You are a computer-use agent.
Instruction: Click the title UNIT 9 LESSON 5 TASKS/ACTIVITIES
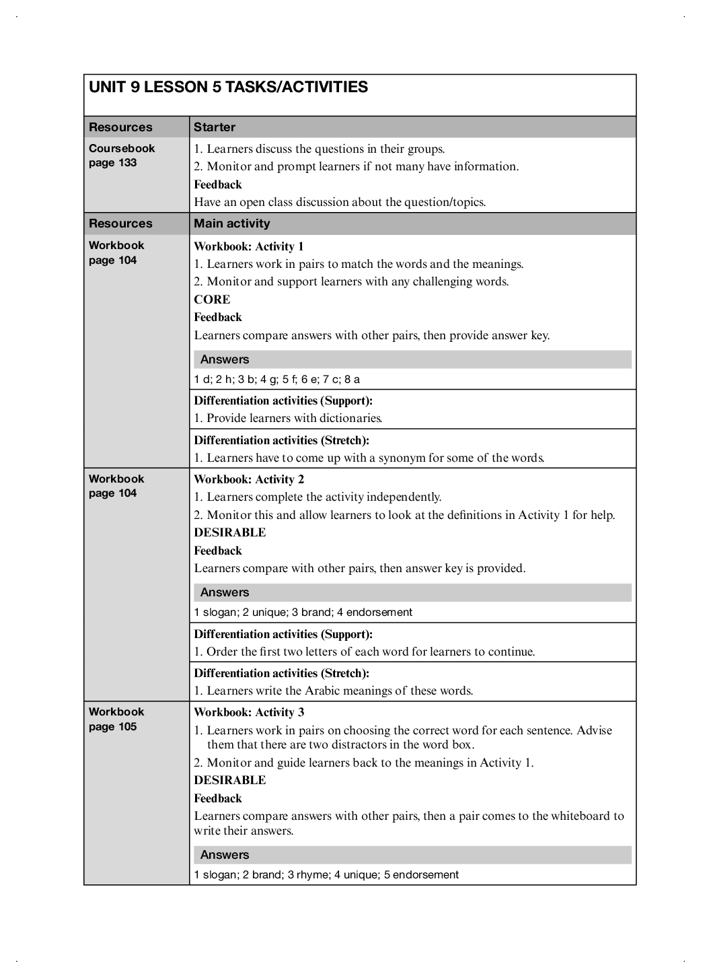(228, 87)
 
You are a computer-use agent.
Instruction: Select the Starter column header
(215, 127)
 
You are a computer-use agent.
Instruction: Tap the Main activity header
(231, 223)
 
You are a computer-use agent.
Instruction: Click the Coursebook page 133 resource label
(122, 155)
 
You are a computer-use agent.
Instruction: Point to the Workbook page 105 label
(116, 719)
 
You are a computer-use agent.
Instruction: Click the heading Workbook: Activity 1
(249, 246)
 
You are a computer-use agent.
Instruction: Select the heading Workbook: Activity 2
(249, 479)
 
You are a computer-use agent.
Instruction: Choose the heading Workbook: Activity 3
(249, 712)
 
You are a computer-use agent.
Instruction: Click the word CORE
(212, 300)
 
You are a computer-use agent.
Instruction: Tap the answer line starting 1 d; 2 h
(277, 379)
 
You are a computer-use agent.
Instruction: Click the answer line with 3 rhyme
(326, 874)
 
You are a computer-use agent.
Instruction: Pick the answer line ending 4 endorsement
(303, 612)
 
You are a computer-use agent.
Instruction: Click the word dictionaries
(350, 418)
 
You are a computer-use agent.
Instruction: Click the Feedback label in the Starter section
(218, 184)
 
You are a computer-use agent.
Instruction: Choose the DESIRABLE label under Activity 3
(230, 780)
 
